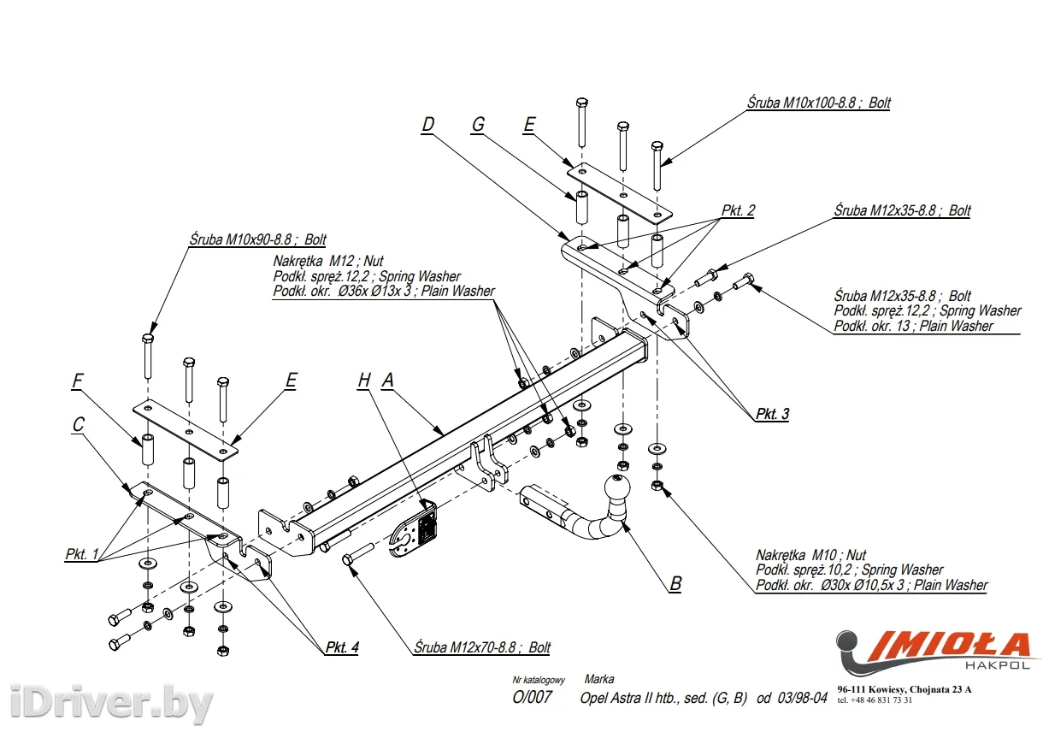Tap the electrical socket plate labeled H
(417, 530)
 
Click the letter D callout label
(428, 125)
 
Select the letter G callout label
(478, 125)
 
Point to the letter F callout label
(78, 381)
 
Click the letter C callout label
(78, 423)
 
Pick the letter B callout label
(675, 583)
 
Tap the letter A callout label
(387, 381)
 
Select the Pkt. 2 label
(738, 210)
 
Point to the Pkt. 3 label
(772, 414)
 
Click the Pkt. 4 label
(341, 647)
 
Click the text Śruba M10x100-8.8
(818, 103)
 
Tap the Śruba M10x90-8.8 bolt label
(257, 240)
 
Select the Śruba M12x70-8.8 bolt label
(482, 647)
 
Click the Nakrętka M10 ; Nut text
(810, 555)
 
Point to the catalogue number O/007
(532, 698)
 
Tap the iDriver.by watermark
(107, 705)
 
